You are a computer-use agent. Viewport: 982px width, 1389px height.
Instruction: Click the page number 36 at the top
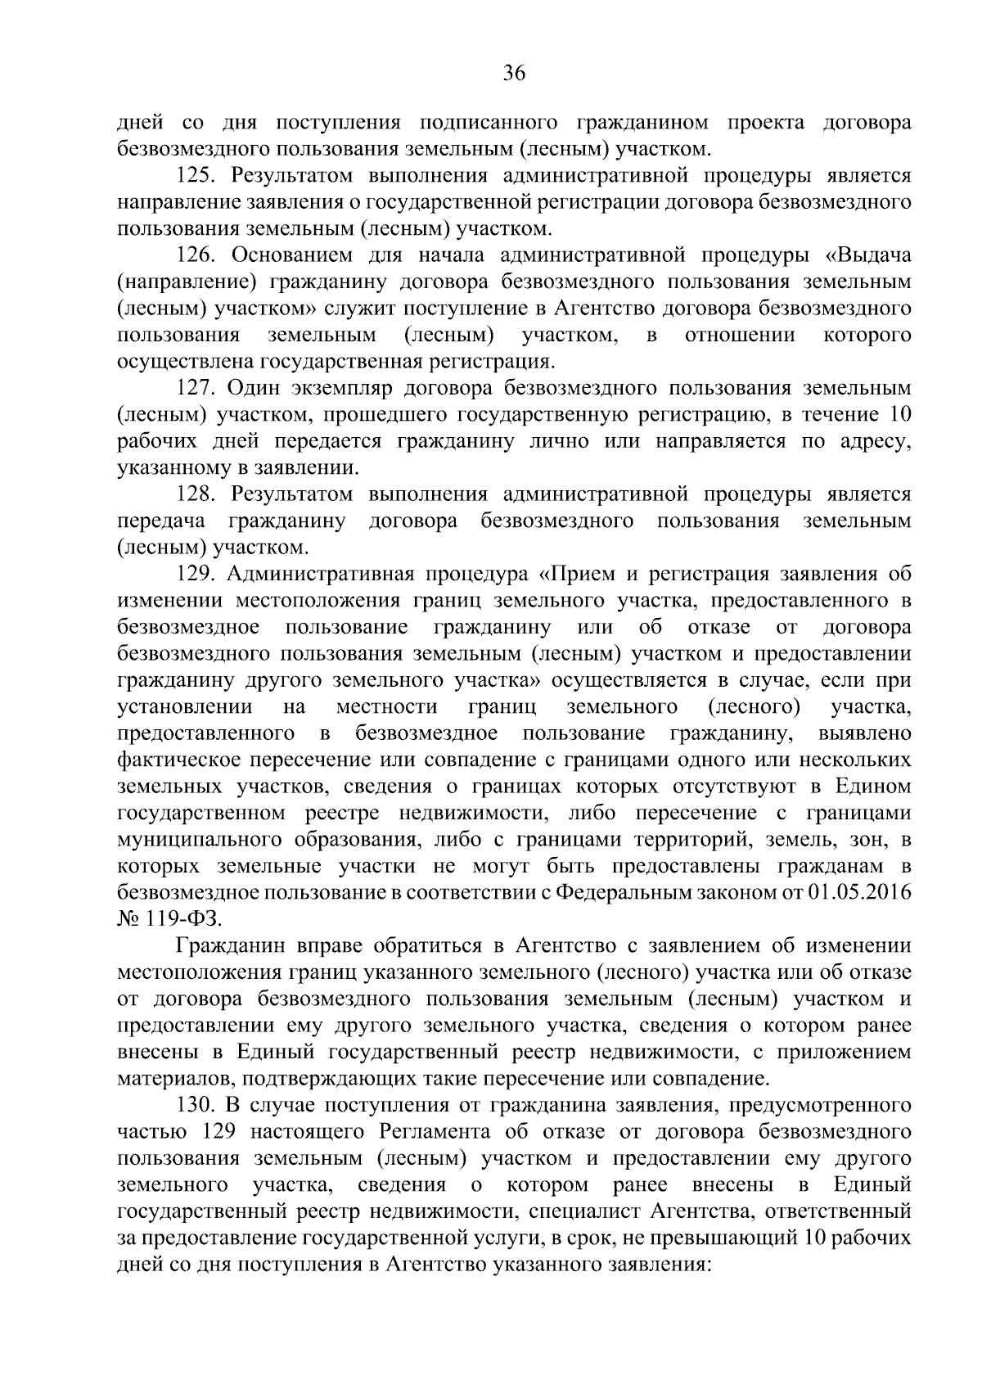coord(513,74)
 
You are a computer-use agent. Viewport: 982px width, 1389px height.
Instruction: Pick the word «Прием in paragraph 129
coord(588,575)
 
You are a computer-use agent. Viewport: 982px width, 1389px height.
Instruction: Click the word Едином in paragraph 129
coord(872,787)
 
